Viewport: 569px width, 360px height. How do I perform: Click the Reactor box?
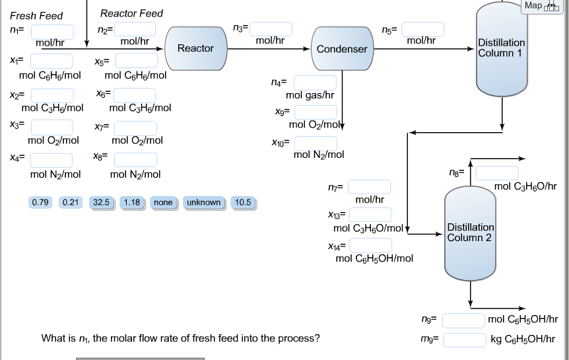point(195,49)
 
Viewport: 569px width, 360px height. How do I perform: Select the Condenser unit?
point(342,49)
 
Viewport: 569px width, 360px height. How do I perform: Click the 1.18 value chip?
point(133,203)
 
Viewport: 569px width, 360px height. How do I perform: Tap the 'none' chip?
point(162,203)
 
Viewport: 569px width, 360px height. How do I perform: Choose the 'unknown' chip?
point(203,203)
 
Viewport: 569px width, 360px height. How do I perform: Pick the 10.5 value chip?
point(243,203)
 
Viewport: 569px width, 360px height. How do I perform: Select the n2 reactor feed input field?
point(135,29)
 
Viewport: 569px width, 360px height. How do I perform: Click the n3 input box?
point(271,28)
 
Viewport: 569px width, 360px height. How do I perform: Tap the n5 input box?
point(423,29)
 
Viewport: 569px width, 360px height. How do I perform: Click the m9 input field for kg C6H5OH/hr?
point(464,340)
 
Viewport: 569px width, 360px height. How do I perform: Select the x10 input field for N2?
point(316,143)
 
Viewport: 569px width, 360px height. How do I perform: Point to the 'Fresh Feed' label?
point(36,15)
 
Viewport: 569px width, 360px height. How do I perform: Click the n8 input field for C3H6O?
point(497,173)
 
